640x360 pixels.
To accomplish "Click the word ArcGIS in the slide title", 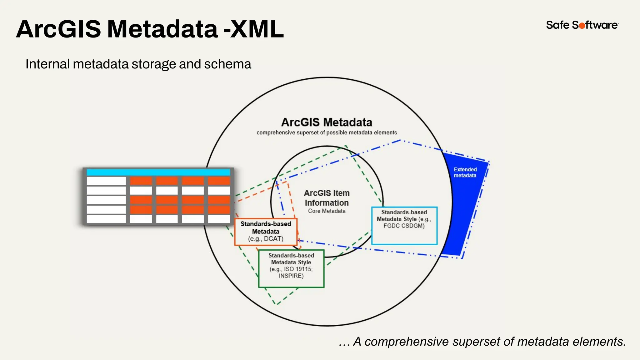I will [58, 29].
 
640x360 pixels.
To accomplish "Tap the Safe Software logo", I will [582, 25].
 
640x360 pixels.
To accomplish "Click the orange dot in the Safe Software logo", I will [582, 26].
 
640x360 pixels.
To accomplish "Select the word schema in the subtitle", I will [227, 64].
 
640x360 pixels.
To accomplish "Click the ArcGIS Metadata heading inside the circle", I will [327, 122].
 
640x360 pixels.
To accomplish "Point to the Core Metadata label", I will [327, 211].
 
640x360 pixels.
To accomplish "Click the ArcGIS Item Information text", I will [327, 198].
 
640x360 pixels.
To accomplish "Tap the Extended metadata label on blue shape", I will [465, 172].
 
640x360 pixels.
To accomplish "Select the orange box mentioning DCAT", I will [266, 232].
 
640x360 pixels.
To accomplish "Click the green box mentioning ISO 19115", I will [291, 268].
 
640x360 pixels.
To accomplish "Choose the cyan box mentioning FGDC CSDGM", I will [404, 225].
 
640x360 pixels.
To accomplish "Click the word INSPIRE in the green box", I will [291, 276].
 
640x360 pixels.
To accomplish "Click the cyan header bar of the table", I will [158, 172].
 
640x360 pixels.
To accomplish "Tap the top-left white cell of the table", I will [106, 181].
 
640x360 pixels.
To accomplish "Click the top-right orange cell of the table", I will [219, 181].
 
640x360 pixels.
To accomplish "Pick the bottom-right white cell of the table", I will [219, 219].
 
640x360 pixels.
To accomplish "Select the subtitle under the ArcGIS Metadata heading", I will [327, 132].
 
